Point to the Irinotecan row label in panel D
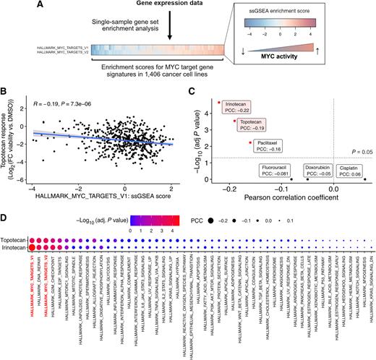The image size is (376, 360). point(15,247)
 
